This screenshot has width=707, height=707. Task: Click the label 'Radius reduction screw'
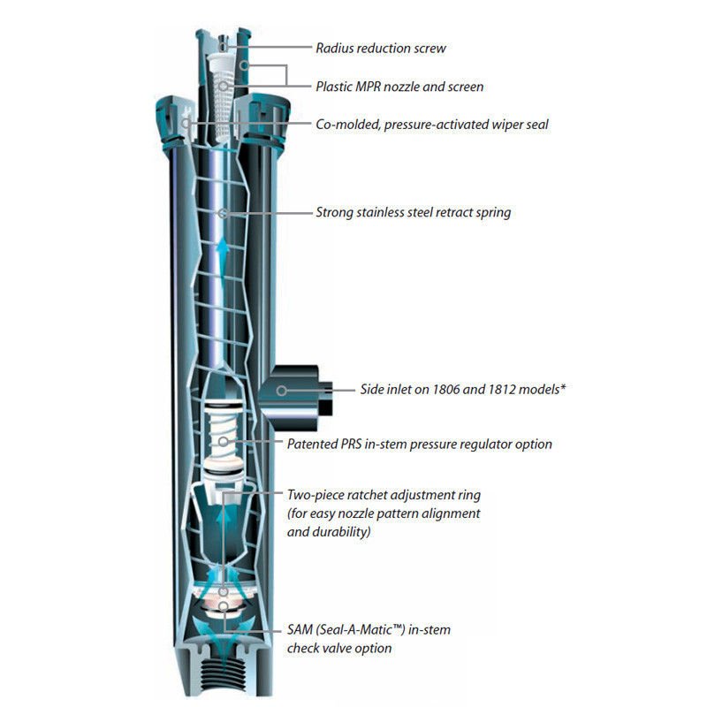(x=381, y=48)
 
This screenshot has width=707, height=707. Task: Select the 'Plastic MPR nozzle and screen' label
(x=399, y=87)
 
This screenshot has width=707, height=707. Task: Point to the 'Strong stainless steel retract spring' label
(x=413, y=213)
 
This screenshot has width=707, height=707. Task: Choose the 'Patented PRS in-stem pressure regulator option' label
(x=420, y=444)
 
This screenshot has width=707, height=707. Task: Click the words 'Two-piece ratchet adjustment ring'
(x=384, y=495)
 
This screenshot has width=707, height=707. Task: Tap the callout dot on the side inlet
(x=280, y=389)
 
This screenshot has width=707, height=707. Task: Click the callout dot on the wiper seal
(x=186, y=125)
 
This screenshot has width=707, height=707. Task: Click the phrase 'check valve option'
(x=340, y=648)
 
